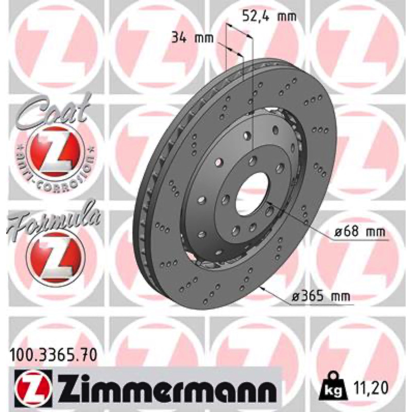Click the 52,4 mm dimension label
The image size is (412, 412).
[269, 16]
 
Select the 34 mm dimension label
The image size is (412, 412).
[192, 38]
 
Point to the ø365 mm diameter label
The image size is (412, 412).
[321, 297]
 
